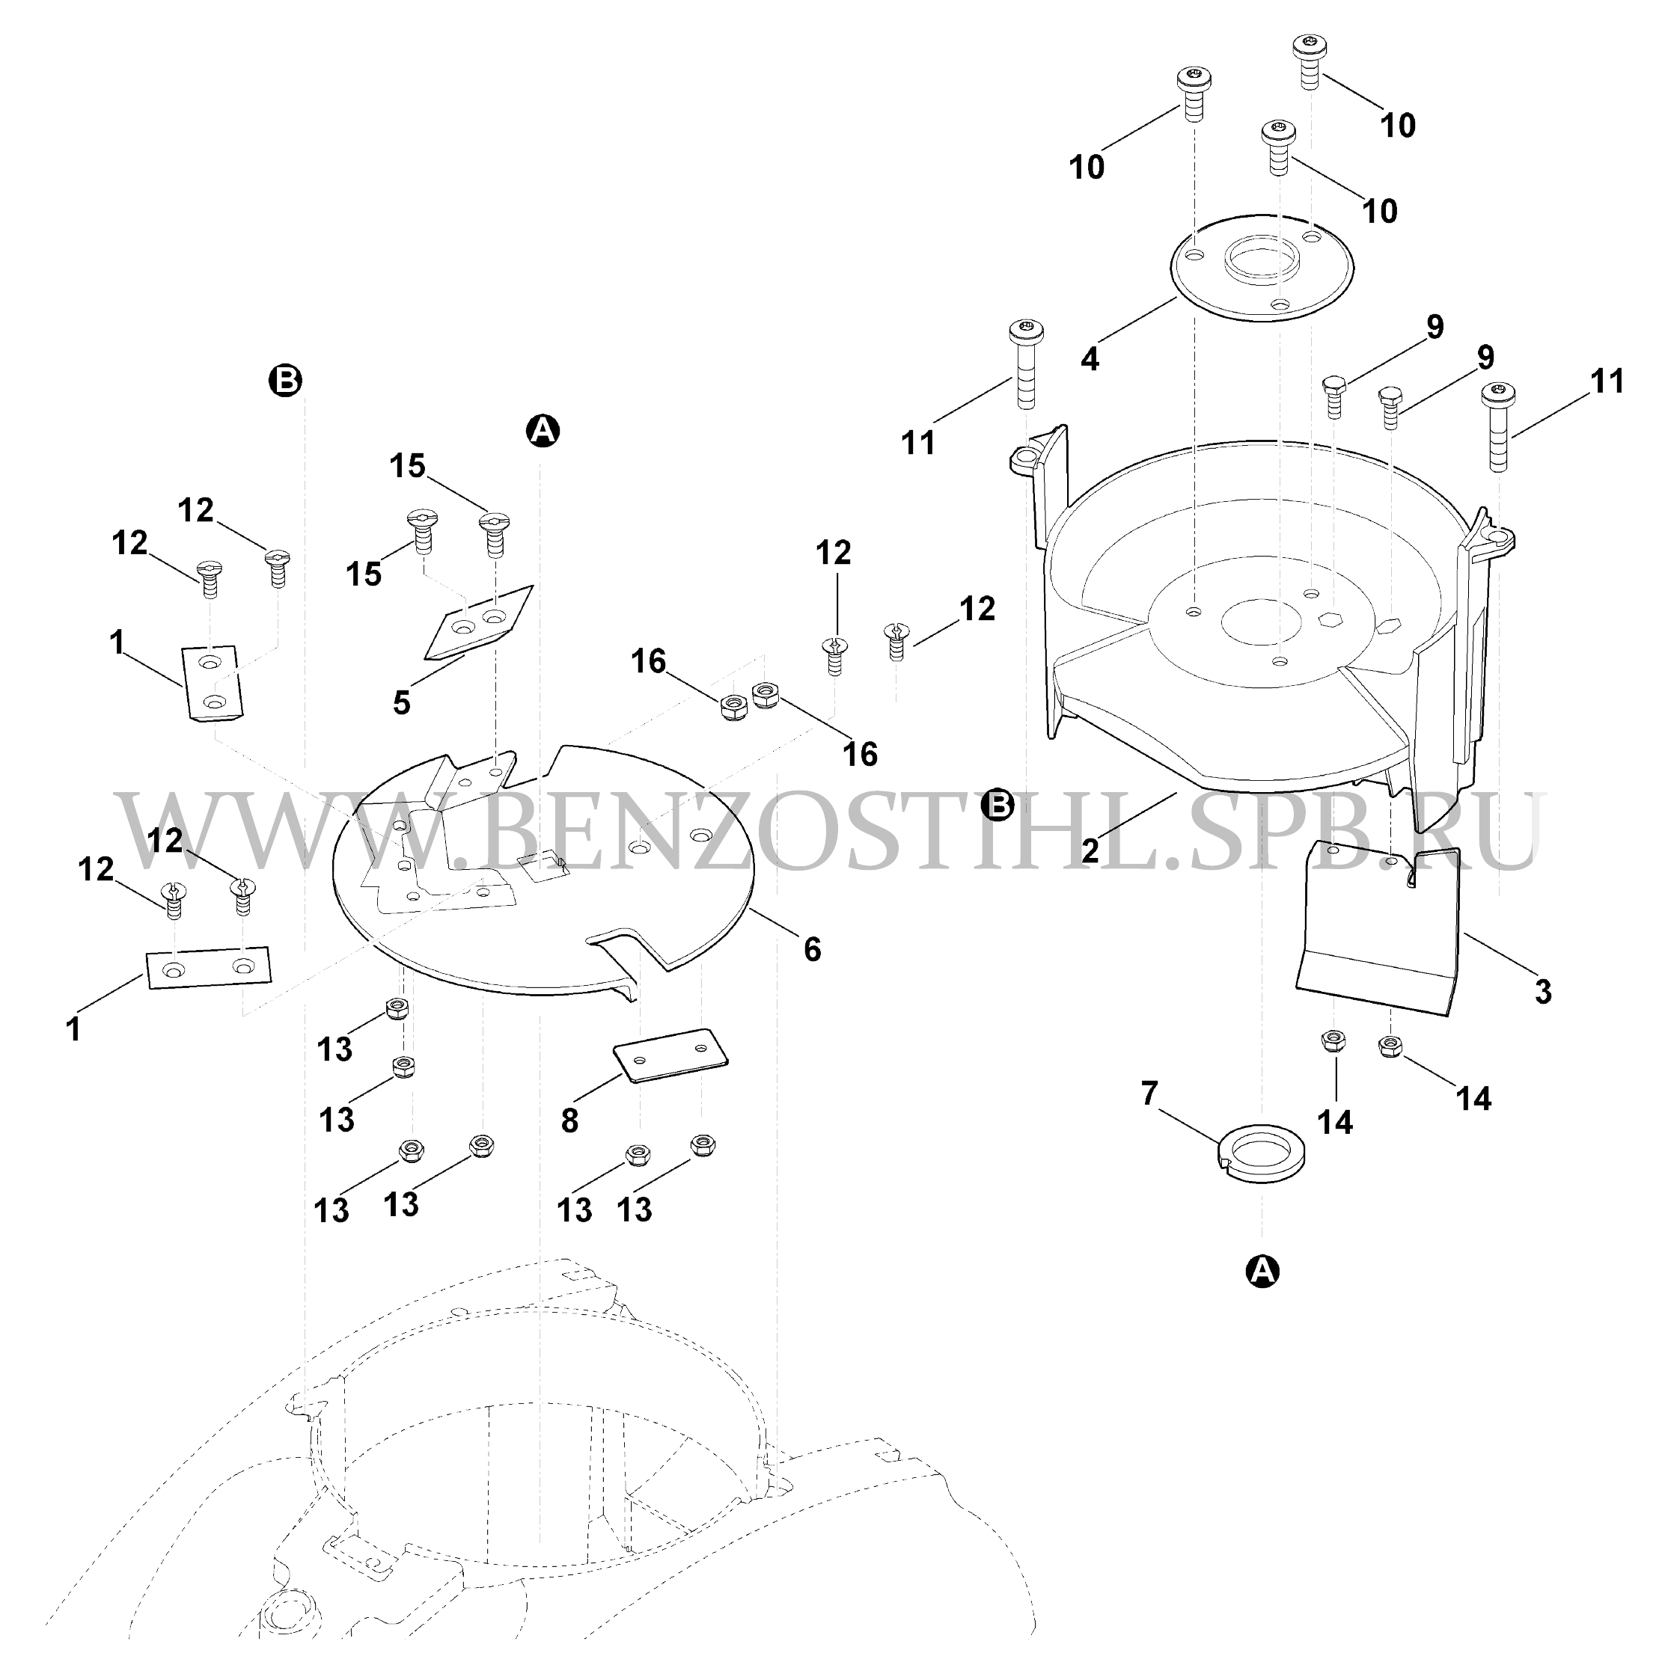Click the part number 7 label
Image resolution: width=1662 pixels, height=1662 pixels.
[1149, 1094]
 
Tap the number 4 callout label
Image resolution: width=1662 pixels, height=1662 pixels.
[1090, 359]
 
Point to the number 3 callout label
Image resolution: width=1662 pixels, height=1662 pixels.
[1543, 992]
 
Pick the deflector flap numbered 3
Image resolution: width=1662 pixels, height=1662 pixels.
[1379, 929]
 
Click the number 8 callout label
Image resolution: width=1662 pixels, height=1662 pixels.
[569, 1120]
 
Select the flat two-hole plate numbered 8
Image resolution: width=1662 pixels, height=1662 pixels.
[670, 1055]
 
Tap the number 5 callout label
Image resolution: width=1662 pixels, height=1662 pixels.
[402, 703]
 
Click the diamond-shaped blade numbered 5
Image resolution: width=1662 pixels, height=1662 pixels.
[480, 623]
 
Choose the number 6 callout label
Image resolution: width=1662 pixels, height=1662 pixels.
[812, 950]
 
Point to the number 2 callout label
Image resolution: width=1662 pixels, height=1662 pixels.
[1090, 850]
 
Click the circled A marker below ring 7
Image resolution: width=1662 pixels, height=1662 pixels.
[1262, 1270]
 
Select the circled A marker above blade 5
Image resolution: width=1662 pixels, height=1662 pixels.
[543, 430]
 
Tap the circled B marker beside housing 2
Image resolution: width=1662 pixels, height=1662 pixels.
[999, 805]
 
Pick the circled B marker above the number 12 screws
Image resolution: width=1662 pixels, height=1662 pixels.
[286, 379]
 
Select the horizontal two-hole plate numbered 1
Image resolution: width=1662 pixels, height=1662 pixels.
[208, 969]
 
